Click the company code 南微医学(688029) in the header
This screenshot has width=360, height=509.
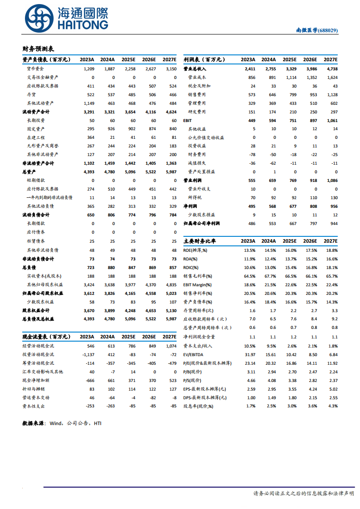[317, 30]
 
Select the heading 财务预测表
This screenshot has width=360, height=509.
[38, 49]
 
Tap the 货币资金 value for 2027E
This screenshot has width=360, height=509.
[171, 69]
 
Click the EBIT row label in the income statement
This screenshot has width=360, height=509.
[188, 120]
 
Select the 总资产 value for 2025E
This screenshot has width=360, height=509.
[129, 172]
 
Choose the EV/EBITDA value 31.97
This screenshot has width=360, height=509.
[250, 354]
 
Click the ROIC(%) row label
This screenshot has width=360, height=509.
[191, 267]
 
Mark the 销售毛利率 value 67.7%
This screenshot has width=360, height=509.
[270, 276]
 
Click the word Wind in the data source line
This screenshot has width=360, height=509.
[55, 423]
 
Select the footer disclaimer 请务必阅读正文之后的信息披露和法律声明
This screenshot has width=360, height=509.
[303, 494]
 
